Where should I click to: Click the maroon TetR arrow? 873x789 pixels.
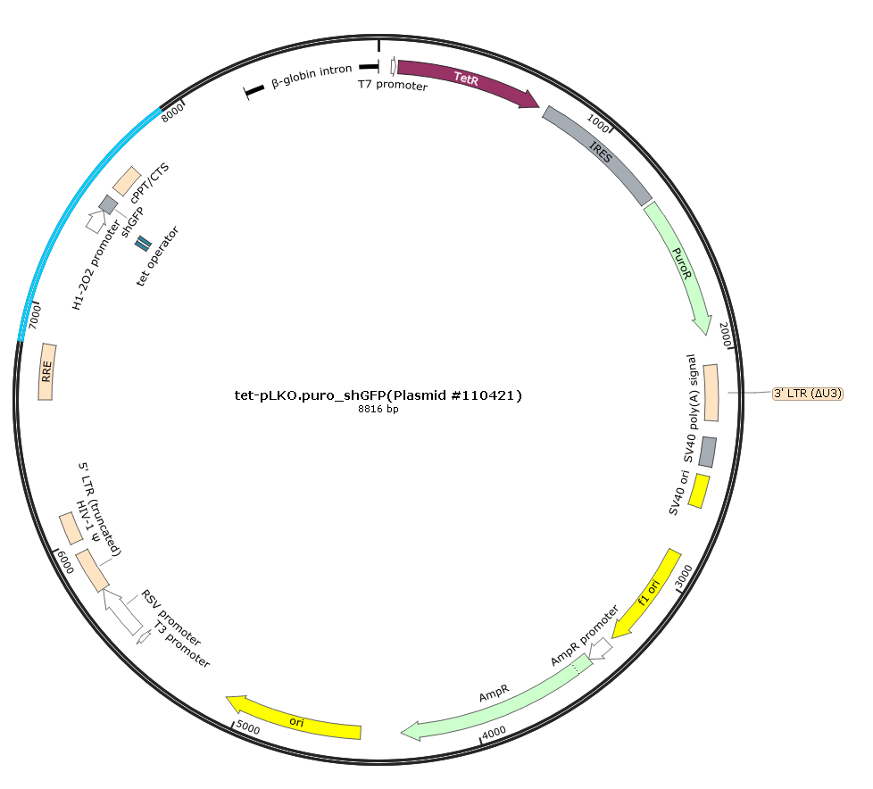pos(467,79)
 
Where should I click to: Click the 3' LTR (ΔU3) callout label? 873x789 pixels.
pos(808,394)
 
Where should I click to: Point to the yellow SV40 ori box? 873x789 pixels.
pos(699,491)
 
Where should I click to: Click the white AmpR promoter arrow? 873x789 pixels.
pos(601,649)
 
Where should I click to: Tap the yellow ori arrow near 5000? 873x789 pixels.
pos(294,720)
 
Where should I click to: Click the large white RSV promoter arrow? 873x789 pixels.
pos(122,611)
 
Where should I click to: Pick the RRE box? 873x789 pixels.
pos(46,371)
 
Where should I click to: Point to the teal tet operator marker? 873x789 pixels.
pos(143,244)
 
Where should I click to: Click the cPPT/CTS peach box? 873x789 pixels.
pos(127,180)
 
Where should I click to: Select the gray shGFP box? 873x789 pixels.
pos(108,204)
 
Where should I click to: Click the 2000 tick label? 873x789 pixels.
pos(725,335)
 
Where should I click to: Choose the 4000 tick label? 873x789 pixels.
pos(495,733)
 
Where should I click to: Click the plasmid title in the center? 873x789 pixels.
pos(378,395)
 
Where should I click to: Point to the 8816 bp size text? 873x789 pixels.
pos(378,410)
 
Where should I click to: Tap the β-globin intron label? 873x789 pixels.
pos(312,76)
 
